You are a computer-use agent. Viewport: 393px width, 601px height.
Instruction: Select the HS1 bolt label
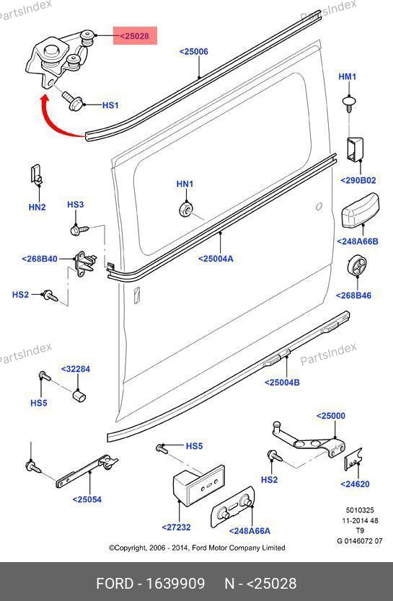(x=110, y=105)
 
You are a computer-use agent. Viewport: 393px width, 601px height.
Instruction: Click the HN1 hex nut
(x=185, y=209)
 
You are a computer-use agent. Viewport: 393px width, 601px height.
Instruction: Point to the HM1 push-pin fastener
(x=348, y=104)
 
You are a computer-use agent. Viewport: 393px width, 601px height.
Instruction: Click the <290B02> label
(x=358, y=180)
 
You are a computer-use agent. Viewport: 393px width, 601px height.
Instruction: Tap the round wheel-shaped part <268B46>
(x=356, y=265)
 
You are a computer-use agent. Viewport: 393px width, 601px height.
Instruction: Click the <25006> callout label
(x=194, y=51)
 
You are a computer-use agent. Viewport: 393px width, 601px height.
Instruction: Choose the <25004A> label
(x=216, y=258)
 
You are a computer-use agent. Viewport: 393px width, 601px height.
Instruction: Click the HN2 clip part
(x=35, y=174)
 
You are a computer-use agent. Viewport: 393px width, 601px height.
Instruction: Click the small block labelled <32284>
(x=79, y=395)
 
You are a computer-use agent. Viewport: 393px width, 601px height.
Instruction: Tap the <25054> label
(x=87, y=499)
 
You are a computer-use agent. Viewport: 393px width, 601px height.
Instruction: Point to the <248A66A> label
(x=250, y=531)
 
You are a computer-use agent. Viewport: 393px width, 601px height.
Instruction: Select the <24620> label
(x=355, y=484)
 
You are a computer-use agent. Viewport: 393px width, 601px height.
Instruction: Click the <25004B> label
(x=282, y=382)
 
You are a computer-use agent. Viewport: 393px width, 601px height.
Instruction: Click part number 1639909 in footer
(x=175, y=584)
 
